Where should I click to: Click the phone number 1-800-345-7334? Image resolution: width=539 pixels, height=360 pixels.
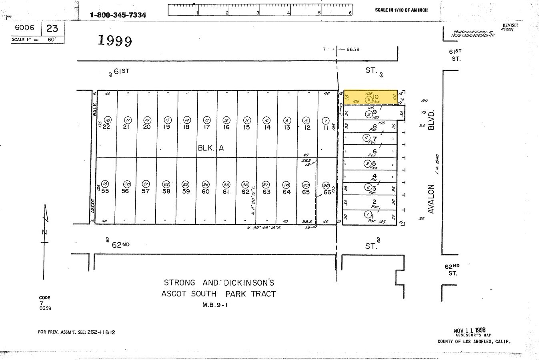pyautogui.click(x=118, y=15)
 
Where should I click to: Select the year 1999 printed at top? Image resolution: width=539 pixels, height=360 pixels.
pyautogui.click(x=115, y=40)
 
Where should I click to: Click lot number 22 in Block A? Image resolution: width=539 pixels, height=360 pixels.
pyautogui.click(x=106, y=127)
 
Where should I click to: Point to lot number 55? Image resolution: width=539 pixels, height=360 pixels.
pyautogui.click(x=105, y=191)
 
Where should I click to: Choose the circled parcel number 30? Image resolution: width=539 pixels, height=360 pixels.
pyautogui.click(x=326, y=185)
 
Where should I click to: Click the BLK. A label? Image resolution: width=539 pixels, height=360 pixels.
pyautogui.click(x=211, y=148)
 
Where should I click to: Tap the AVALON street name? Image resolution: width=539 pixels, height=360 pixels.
pyautogui.click(x=431, y=199)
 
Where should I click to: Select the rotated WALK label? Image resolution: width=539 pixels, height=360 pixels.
pyautogui.click(x=95, y=108)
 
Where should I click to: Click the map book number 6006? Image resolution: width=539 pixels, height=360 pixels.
pyautogui.click(x=24, y=28)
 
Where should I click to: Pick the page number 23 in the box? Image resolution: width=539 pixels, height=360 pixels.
pyautogui.click(x=52, y=28)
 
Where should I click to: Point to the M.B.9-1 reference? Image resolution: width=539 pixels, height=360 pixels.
pyautogui.click(x=218, y=305)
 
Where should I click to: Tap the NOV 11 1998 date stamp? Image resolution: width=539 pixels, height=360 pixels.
pyautogui.click(x=469, y=331)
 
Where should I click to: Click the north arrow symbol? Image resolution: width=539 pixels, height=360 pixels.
pyautogui.click(x=45, y=232)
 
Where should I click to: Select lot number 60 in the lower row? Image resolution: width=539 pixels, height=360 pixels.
pyautogui.click(x=206, y=191)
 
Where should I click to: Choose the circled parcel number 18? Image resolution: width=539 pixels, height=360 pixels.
pyautogui.click(x=107, y=120)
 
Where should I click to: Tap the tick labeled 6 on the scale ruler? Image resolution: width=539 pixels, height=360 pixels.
pyautogui.click(x=351, y=12)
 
